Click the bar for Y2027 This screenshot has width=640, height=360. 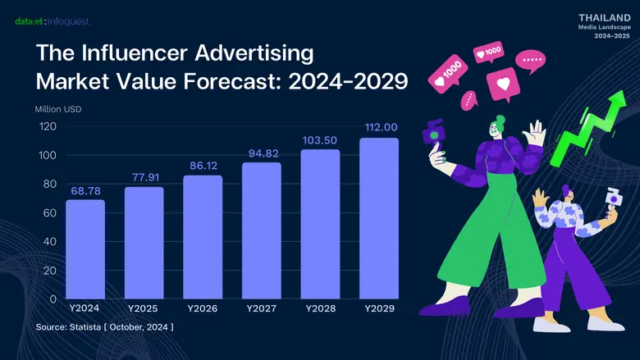click(262, 230)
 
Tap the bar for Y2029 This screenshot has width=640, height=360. click(379, 218)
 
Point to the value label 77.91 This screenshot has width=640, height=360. click(144, 175)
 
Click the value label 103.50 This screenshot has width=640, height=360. click(320, 139)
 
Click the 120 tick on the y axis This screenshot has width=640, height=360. click(48, 126)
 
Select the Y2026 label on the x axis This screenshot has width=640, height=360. click(203, 309)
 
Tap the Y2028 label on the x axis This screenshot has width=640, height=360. click(320, 309)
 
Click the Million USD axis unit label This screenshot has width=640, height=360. click(58, 109)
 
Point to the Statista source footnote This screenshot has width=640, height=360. click(104, 327)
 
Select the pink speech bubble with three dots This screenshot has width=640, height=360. click(533, 60)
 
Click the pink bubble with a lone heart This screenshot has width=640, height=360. click(502, 84)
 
